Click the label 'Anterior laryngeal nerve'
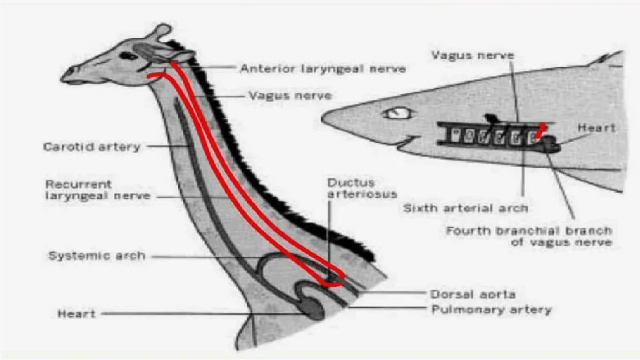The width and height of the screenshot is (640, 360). [322, 68]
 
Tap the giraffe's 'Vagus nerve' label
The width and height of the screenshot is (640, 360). [290, 96]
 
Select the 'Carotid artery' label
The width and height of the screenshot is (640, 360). [92, 147]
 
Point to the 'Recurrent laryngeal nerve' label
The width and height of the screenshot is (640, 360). [98, 190]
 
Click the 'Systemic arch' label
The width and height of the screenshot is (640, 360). [97, 256]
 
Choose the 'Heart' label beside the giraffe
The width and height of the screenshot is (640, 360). [77, 314]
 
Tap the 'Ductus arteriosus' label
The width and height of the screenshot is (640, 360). [362, 188]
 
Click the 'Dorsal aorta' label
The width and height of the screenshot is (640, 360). [473, 294]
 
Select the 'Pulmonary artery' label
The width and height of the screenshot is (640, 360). [492, 310]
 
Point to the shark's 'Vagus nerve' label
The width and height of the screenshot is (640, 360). [473, 55]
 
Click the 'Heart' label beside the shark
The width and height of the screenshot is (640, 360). [596, 128]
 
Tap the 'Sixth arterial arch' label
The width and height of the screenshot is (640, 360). [466, 208]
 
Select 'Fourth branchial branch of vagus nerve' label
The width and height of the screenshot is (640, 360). [529, 237]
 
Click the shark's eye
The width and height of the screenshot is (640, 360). [397, 113]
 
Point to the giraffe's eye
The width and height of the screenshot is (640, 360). [128, 56]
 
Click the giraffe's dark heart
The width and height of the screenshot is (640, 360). [313, 309]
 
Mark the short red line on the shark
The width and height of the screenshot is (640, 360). [540, 130]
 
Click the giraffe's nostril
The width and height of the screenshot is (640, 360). [74, 70]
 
